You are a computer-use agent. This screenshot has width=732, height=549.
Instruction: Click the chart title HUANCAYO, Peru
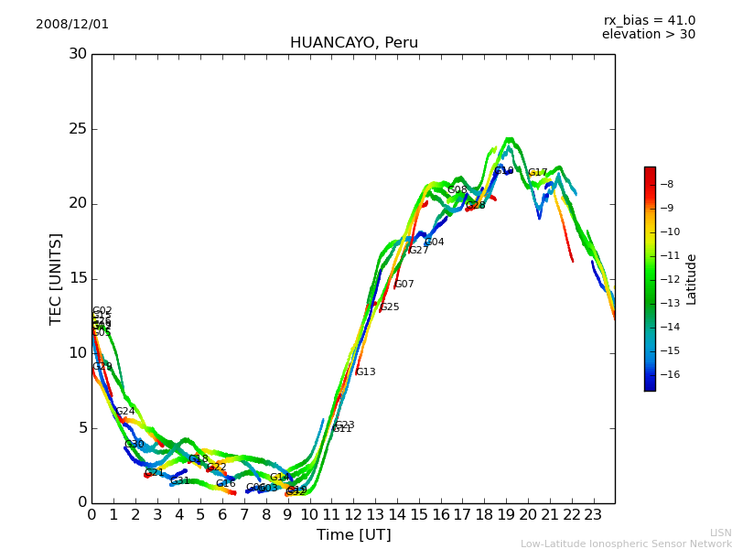[353, 43]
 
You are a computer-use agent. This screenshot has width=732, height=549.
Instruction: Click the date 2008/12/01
[72, 25]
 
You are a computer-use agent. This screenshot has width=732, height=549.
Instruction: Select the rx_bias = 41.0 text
[649, 21]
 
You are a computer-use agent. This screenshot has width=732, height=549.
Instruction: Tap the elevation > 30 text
[648, 35]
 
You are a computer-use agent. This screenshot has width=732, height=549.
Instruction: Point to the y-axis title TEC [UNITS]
[56, 278]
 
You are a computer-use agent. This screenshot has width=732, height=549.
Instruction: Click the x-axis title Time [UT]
[353, 534]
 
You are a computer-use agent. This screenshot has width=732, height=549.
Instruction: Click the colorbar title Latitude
[692, 279]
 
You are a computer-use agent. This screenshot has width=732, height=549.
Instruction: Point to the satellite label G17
[538, 173]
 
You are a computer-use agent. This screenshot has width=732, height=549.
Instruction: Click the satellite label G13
[366, 372]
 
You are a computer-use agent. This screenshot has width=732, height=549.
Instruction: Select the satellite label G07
[404, 285]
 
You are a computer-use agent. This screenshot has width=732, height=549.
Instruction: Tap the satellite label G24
[125, 412]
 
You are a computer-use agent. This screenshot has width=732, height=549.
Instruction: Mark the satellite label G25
[390, 307]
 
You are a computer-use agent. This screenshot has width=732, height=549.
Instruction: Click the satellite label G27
[419, 251]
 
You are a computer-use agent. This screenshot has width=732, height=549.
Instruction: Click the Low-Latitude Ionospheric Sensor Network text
[626, 544]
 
